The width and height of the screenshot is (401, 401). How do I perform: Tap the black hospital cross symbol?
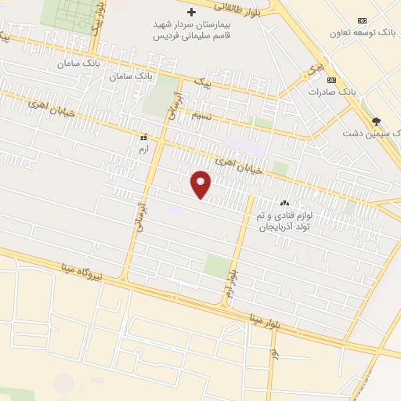point(192,13)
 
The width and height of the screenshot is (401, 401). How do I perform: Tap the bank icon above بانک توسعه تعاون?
point(361,20)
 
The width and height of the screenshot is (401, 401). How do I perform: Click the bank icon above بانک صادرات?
point(331,80)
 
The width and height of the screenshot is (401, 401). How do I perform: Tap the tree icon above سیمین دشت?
point(376,121)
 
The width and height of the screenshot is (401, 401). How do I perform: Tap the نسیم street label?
point(201,114)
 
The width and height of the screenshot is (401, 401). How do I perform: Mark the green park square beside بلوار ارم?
point(218,266)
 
